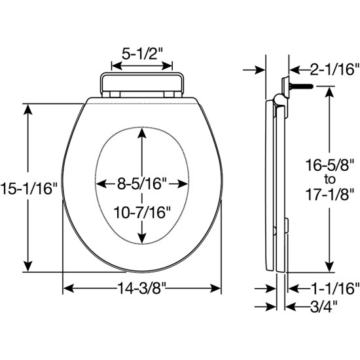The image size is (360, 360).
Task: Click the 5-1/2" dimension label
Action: coord(142,54)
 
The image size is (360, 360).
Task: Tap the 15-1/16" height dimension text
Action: coord(28,189)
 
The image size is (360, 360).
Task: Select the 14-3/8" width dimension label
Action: coord(141,288)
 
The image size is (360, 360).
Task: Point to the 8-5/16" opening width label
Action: coord(142,184)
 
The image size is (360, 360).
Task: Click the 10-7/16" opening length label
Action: coord(143,212)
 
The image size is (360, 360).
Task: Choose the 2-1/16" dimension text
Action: coord(334,69)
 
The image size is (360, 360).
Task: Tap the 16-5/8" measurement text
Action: coord(329,165)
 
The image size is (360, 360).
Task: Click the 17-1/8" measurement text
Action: coord(330,194)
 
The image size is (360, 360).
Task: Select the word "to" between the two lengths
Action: coord(330,179)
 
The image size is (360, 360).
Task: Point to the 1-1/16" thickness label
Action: coord(334,289)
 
